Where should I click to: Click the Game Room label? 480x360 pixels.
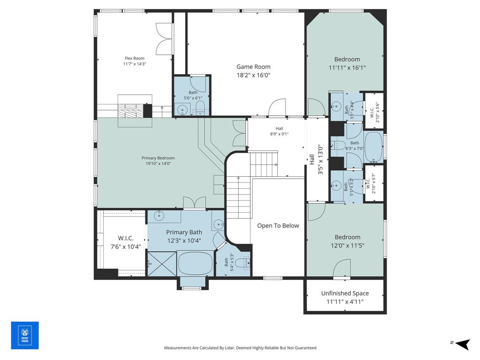(253, 67)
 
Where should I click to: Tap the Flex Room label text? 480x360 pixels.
(135, 58)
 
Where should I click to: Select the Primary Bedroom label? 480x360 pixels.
(158, 158)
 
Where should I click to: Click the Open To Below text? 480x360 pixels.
(278, 225)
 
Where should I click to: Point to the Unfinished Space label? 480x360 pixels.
(345, 293)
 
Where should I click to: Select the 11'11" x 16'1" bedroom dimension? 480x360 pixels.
(347, 67)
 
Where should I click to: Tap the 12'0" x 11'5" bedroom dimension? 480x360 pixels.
(347, 245)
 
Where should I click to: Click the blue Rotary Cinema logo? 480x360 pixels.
(25, 335)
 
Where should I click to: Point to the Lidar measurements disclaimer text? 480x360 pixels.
(240, 348)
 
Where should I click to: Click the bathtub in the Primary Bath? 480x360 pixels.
(195, 263)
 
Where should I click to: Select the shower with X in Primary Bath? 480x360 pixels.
(162, 263)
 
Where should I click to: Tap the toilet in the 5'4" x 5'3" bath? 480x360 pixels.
(240, 262)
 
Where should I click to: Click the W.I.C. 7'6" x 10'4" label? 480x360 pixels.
(126, 242)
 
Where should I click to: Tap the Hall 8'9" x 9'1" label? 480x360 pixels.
(279, 131)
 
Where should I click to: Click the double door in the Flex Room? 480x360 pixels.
(165, 40)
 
